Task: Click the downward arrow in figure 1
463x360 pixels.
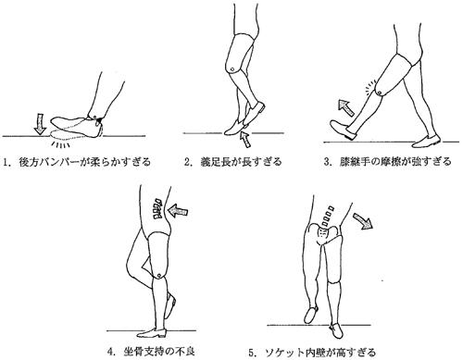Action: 40,124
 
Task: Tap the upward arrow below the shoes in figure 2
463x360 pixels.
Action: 246,139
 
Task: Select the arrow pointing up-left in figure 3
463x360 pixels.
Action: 346,107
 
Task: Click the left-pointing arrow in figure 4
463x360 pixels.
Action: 178,211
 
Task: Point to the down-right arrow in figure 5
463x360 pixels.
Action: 363,221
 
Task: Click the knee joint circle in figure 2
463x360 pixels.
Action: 231,69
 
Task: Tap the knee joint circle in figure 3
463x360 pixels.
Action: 380,93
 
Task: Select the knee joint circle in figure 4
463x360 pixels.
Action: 159,275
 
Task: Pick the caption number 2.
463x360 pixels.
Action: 187,162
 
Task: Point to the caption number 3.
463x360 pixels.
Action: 327,162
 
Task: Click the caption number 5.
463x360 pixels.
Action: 252,352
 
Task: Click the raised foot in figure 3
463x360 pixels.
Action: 343,130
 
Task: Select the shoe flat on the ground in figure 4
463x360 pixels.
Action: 152,333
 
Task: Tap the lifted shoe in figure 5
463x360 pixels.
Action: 311,314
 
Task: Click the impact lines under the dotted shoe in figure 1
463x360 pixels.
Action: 60,144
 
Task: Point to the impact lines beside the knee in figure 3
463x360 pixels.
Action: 370,87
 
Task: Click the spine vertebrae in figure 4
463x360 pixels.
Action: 158,209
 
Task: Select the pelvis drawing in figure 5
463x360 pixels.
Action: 323,232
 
